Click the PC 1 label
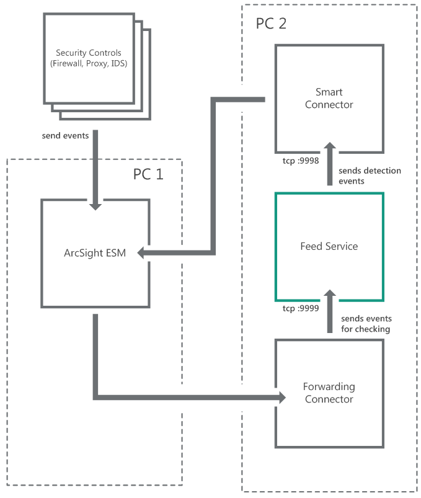(148, 174)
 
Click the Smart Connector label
(329, 99)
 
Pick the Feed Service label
(329, 246)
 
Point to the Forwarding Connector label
(329, 393)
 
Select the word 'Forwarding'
(329, 387)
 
